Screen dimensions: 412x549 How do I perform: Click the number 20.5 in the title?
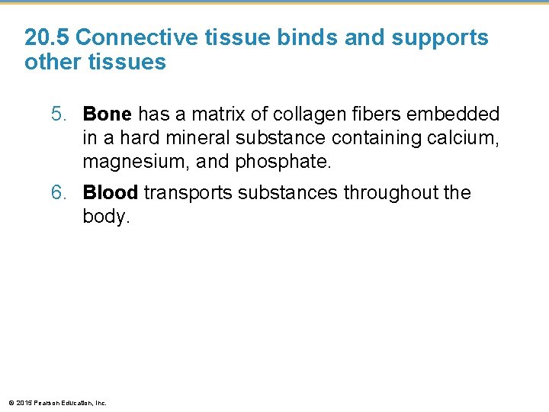pos(47,37)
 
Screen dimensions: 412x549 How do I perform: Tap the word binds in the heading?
pos(310,37)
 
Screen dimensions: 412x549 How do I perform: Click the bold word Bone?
pos(108,114)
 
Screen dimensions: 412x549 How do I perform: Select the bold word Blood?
pos(110,193)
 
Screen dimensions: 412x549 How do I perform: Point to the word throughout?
pos(389,193)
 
